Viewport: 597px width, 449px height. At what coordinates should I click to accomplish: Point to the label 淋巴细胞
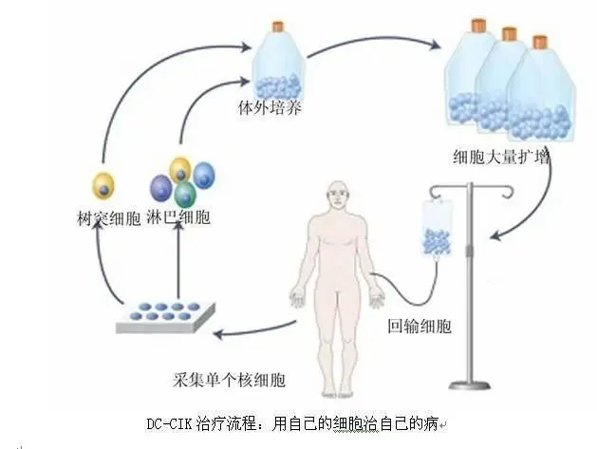[179, 216]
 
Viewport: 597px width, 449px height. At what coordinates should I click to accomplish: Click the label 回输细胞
[420, 326]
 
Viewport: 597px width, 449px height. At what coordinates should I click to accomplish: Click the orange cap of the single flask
[278, 26]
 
